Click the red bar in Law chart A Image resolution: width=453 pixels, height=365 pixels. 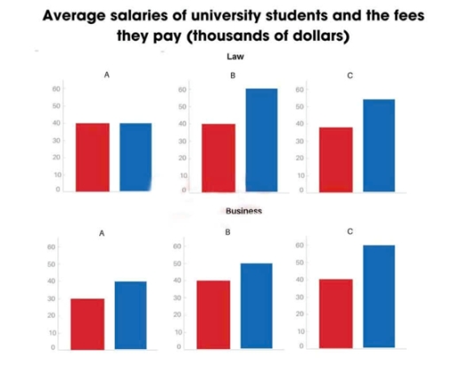pyautogui.click(x=92, y=157)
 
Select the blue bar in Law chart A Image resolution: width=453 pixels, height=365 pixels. pyautogui.click(x=135, y=157)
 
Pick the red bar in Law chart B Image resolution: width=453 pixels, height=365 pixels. pyautogui.click(x=219, y=158)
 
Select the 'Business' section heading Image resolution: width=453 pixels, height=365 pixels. pyautogui.click(x=243, y=212)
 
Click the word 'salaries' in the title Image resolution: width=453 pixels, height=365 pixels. pyautogui.click(x=149, y=17)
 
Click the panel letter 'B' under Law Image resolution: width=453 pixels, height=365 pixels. pyautogui.click(x=233, y=77)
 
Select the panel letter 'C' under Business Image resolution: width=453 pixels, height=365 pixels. pyautogui.click(x=350, y=231)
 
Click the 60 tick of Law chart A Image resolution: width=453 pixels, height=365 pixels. pyautogui.click(x=57, y=89)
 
